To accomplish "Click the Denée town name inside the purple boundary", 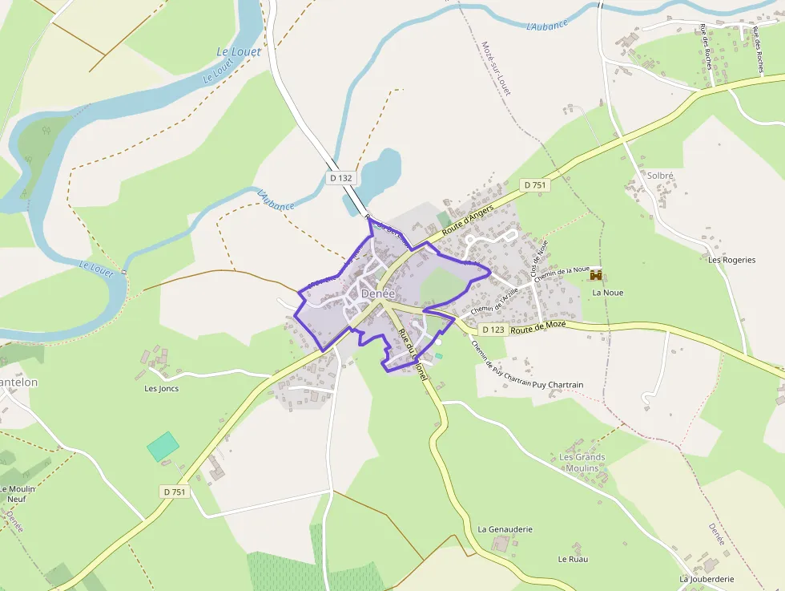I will click(x=378, y=294).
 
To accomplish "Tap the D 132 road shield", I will click(x=340, y=178).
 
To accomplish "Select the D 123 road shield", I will click(x=493, y=330).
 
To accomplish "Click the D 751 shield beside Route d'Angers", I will click(x=534, y=185).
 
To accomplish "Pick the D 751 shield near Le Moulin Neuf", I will click(x=174, y=492).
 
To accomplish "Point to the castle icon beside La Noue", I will click(x=596, y=275).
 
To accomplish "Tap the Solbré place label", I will click(x=660, y=176).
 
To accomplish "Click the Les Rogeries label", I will click(x=731, y=260).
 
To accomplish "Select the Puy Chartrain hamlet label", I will click(x=558, y=385).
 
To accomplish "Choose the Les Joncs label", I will click(x=161, y=389).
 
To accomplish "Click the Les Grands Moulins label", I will click(x=582, y=463).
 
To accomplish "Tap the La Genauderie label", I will click(x=505, y=529).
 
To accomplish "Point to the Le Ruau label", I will click(x=573, y=559).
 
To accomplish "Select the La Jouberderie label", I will click(x=706, y=579).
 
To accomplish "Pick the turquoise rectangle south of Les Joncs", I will click(x=163, y=447).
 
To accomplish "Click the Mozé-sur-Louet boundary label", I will click(x=495, y=69).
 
